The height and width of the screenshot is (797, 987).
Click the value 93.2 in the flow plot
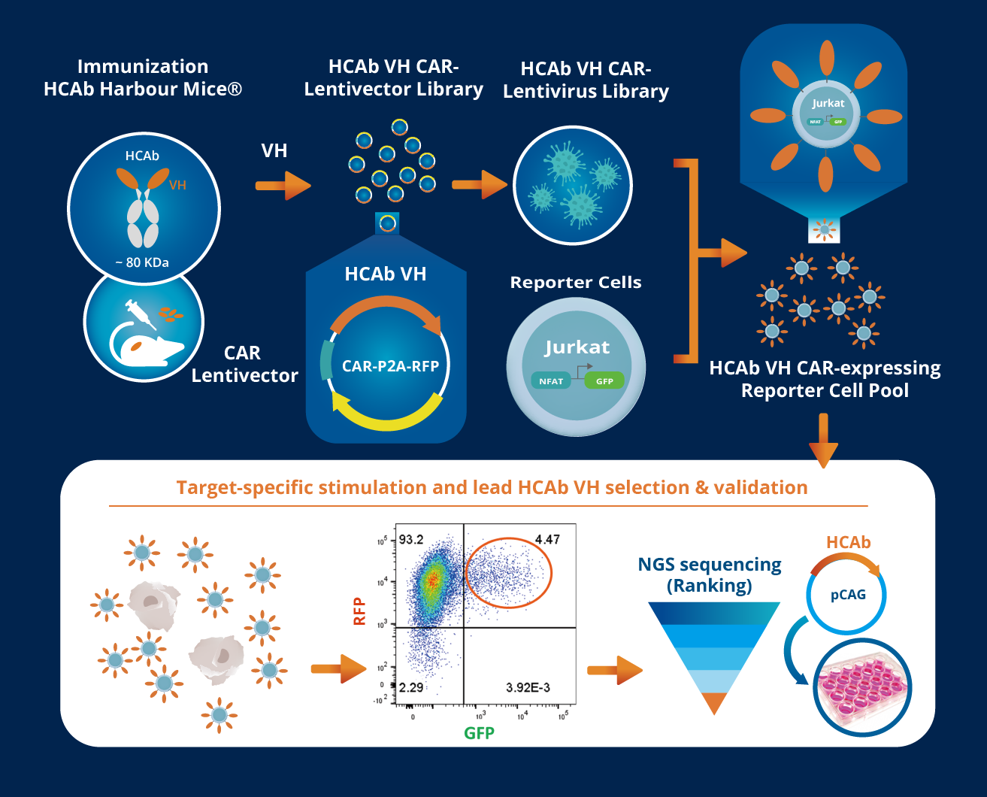tap(411, 539)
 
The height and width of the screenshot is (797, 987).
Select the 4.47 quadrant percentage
tap(547, 539)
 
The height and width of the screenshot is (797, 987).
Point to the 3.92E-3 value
tap(528, 687)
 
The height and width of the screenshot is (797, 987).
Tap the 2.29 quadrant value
tap(411, 687)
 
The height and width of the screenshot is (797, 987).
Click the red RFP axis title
tap(359, 611)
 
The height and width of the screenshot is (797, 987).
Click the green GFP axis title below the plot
tap(479, 733)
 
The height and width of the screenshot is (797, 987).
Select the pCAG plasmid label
tap(848, 595)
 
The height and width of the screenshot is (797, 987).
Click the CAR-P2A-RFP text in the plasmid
tap(390, 366)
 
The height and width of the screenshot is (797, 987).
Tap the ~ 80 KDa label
tap(142, 262)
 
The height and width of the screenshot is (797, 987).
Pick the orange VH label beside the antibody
tap(177, 185)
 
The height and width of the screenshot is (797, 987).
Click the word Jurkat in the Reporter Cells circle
tap(577, 347)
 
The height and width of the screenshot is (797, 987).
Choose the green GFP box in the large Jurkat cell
tap(604, 381)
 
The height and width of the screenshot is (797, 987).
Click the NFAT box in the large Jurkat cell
tap(551, 381)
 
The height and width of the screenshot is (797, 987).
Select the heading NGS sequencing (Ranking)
tap(710, 574)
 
